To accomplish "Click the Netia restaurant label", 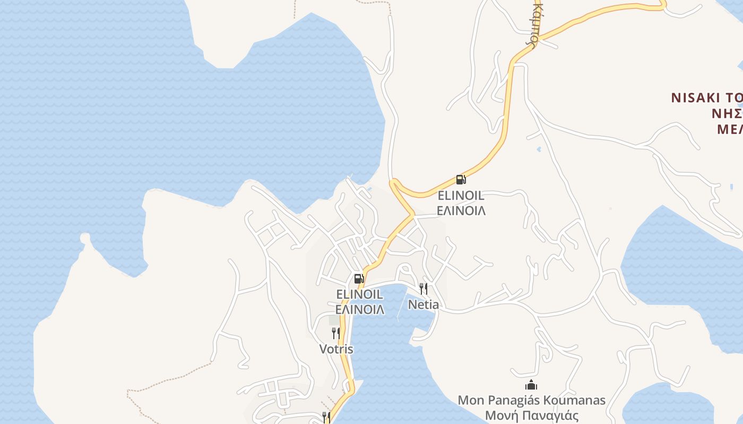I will coord(423,305).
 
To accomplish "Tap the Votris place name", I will coord(336,349).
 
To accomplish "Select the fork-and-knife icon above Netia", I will coord(423,288).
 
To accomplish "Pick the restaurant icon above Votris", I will coord(335,333).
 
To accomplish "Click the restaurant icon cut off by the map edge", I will coord(326,418).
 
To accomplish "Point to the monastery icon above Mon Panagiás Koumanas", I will coord(531,385).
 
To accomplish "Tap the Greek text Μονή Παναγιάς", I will coord(532,416).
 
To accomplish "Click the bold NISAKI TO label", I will coord(706,98).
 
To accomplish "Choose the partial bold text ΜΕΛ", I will coord(729,129).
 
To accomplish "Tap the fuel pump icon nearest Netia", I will coord(359,278).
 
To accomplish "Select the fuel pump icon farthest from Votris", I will coord(461,180).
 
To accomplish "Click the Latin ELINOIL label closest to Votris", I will coord(359,294).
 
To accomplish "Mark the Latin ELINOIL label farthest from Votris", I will coord(461,196).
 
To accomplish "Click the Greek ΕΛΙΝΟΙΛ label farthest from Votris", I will coord(461,211).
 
